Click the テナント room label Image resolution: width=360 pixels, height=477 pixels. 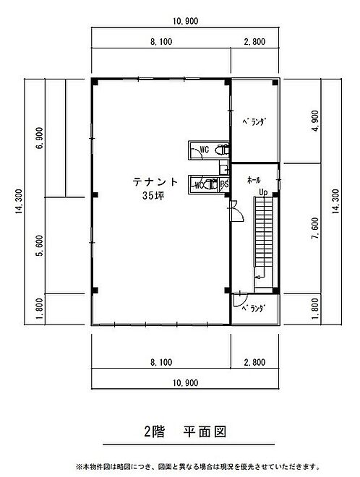pyautogui.click(x=155, y=182)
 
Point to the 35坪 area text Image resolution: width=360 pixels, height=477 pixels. pyautogui.click(x=153, y=196)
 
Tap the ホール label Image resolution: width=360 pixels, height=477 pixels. pyautogui.click(x=254, y=180)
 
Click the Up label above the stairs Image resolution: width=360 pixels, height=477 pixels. pyautogui.click(x=263, y=192)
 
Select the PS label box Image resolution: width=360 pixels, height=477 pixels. pyautogui.click(x=224, y=184)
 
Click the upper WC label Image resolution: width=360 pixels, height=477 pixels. pyautogui.click(x=204, y=150)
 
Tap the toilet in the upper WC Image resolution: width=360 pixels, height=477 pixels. pyautogui.click(x=222, y=150)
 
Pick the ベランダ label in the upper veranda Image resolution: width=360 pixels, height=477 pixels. pyautogui.click(x=254, y=122)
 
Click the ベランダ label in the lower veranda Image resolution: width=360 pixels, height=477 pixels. pyautogui.click(x=254, y=309)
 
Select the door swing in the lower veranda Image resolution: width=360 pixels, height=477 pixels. pyautogui.click(x=239, y=300)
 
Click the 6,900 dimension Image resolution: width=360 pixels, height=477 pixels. pyautogui.click(x=40, y=138)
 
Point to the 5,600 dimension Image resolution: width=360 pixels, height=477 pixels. pyautogui.click(x=40, y=246)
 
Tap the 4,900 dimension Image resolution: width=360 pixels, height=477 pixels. pyautogui.click(x=316, y=121)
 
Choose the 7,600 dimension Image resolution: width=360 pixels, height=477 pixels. pyautogui.click(x=316, y=228)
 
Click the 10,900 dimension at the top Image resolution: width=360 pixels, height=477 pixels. pyautogui.click(x=185, y=21)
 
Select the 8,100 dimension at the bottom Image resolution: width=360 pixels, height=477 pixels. pyautogui.click(x=161, y=362)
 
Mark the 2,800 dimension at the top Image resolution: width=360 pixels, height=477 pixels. pyautogui.click(x=254, y=42)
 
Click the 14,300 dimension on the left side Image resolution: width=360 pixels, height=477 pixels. pyautogui.click(x=20, y=202)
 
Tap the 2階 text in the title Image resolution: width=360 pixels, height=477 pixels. pyautogui.click(x=154, y=432)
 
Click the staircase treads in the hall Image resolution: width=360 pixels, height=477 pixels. pyautogui.click(x=264, y=232)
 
